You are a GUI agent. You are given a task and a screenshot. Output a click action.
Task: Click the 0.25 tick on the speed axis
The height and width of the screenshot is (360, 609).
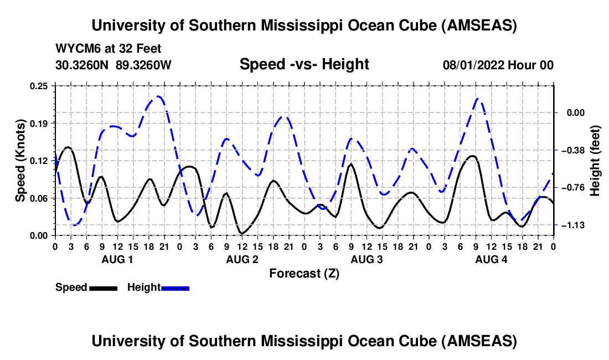(39, 86)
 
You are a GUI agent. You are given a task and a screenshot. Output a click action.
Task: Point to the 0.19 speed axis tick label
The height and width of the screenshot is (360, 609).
(39, 123)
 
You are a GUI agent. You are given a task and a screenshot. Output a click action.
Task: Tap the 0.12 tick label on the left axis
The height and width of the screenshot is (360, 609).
(39, 161)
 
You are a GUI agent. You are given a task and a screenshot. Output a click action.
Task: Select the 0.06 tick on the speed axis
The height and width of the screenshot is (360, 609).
(39, 198)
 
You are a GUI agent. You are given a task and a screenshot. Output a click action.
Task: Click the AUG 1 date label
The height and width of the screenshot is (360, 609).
(117, 260)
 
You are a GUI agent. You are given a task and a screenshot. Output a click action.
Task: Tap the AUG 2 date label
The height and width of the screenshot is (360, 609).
(242, 260)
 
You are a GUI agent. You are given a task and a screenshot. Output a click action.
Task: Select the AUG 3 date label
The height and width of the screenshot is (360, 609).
(367, 260)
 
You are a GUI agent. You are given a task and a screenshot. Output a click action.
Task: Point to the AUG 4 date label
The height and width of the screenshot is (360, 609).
(491, 260)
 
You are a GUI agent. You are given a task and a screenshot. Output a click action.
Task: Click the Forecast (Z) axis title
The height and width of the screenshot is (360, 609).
(304, 274)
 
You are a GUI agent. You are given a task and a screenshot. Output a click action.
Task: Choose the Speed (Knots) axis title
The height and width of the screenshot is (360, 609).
(20, 161)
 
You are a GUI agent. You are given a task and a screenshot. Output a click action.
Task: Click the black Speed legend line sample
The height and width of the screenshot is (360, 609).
(103, 288)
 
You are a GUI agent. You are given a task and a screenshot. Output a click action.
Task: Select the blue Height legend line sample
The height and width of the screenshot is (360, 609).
(175, 288)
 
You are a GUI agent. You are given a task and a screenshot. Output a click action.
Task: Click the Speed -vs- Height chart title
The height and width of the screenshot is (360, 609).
(304, 64)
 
